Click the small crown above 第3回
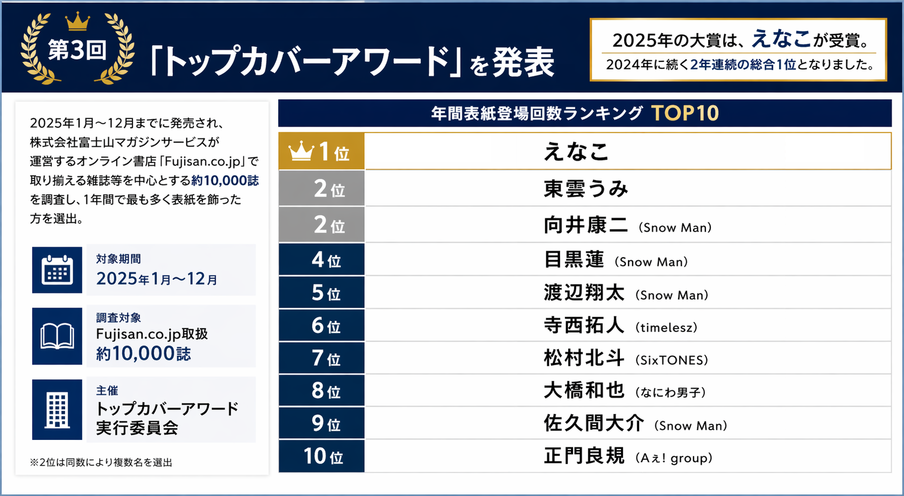(77, 22)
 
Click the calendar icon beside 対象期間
(57, 270)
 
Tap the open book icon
(57, 336)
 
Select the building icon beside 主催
(57, 410)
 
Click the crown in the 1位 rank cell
(301, 152)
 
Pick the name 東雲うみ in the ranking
(586, 189)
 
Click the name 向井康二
(586, 225)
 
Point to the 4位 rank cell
(321, 260)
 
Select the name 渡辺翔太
(584, 293)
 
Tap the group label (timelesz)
(666, 327)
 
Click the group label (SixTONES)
(671, 360)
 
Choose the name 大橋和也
(584, 391)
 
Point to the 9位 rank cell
(321, 423)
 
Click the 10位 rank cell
(321, 456)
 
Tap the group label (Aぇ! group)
(673, 458)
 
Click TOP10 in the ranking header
(685, 113)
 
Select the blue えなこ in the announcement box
(781, 38)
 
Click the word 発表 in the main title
(523, 63)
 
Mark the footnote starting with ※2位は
(101, 462)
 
